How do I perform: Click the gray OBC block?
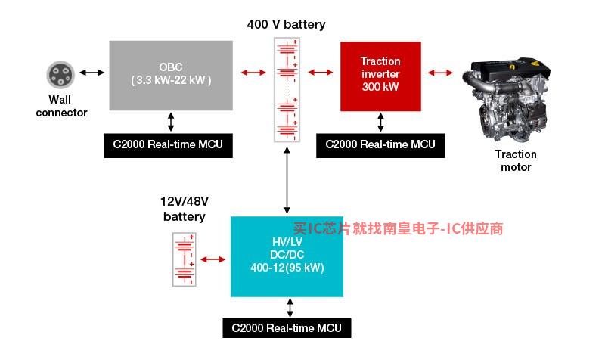coord(171,76)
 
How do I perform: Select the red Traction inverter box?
coord(380,76)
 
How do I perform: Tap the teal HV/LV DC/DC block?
coord(287,256)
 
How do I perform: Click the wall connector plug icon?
coord(60,74)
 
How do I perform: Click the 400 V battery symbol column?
coord(287,90)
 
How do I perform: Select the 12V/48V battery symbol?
coord(184,259)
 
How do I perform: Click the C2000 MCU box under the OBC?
coord(168,145)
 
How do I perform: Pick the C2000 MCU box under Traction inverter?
coord(380,145)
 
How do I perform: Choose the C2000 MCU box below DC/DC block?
coord(287,328)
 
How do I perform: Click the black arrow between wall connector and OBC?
coord(92,72)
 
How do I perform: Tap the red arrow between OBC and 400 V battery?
coord(253,72)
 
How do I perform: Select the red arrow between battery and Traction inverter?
coord(320,72)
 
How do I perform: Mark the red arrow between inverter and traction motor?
coord(440,72)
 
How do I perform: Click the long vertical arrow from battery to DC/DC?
coord(287,180)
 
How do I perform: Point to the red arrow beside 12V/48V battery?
coord(213,259)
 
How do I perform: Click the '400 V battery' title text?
coord(286,24)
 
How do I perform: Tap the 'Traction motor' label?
coord(516,160)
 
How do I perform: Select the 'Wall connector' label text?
coord(61,106)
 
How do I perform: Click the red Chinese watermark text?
coord(399,228)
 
